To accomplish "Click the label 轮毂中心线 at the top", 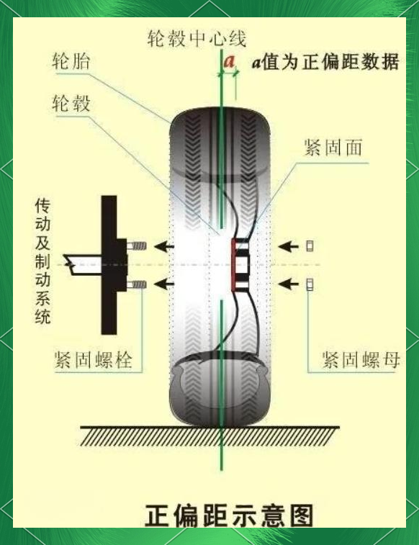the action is click(197, 38).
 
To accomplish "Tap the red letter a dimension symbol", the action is click(229, 61).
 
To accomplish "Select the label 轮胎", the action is click(71, 61).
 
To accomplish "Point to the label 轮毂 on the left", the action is click(71, 103).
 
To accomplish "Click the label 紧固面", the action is click(333, 148).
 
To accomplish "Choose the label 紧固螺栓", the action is click(94, 359).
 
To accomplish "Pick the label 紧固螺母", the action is click(361, 359).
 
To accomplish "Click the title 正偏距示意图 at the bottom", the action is click(229, 515).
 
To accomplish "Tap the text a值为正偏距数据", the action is click(325, 62).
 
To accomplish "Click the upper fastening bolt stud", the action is click(136, 246).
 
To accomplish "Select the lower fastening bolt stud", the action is click(136, 285).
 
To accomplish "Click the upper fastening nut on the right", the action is click(310, 246).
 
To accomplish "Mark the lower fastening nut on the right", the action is click(310, 284).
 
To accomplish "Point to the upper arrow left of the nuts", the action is click(288, 246).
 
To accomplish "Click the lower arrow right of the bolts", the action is click(164, 284).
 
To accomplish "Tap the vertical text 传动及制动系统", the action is click(42, 261).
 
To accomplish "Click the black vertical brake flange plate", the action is click(109, 265).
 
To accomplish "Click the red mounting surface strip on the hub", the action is click(233, 265).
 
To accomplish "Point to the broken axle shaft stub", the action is click(83, 265).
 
